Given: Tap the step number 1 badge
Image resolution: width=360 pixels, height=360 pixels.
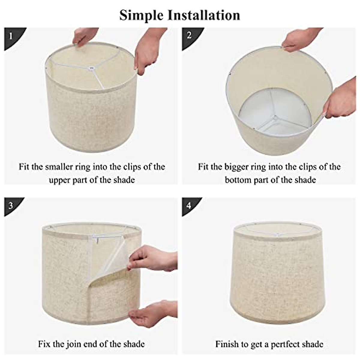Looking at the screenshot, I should point(11,36).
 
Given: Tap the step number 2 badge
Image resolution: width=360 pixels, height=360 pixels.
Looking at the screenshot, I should point(189,35).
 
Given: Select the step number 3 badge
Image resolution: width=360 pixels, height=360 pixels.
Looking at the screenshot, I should point(11,205).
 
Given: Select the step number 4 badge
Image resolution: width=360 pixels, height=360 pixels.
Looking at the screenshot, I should point(189,205).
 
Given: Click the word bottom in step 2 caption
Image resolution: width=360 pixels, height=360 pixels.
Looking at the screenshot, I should point(238,180).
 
